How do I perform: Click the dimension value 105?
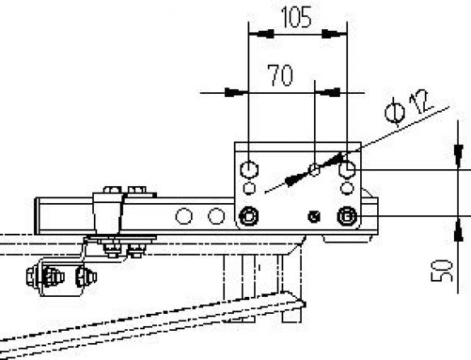click(x=296, y=17)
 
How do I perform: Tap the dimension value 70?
click(x=281, y=75)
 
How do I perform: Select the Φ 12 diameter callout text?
click(x=409, y=108)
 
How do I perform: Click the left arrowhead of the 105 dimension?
click(x=261, y=34)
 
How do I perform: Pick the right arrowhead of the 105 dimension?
click(x=334, y=34)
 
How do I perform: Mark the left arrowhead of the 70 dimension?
click(x=236, y=92)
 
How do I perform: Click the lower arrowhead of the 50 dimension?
click(x=458, y=229)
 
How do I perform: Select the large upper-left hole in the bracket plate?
click(x=249, y=170)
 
